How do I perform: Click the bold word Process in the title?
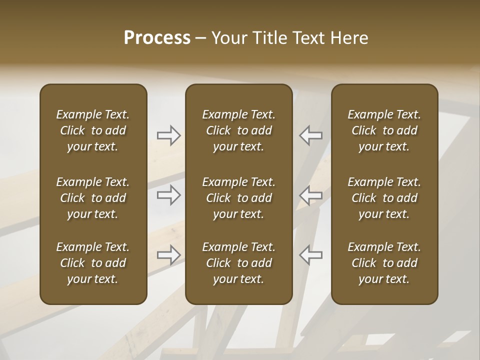(x=157, y=38)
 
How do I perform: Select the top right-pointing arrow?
(x=168, y=135)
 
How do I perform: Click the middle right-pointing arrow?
(x=168, y=195)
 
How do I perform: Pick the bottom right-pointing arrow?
(x=168, y=255)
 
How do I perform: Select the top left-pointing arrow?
(x=310, y=135)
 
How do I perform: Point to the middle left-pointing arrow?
(x=310, y=195)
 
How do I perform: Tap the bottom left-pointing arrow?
(x=310, y=255)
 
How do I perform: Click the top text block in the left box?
(x=93, y=130)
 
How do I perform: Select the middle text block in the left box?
(x=93, y=198)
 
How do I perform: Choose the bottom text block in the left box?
(x=93, y=263)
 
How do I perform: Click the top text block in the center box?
(x=238, y=130)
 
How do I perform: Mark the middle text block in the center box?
(x=238, y=198)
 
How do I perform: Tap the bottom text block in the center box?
(x=238, y=263)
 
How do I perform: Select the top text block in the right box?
(x=384, y=130)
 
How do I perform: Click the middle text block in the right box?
(x=384, y=198)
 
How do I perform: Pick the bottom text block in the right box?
(x=384, y=263)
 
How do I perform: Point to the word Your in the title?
(x=229, y=38)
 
